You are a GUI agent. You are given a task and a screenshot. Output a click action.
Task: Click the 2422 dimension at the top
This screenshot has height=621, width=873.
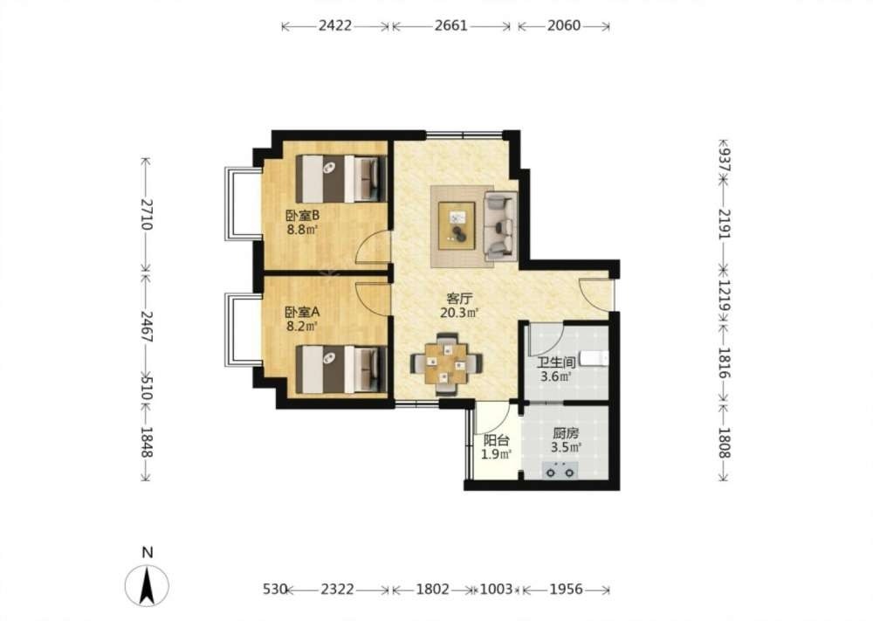tap(335, 25)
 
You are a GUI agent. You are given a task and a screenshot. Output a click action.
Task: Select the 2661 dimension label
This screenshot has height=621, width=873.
tap(451, 25)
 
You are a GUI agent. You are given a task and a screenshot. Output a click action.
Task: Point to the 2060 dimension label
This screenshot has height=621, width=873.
tap(563, 25)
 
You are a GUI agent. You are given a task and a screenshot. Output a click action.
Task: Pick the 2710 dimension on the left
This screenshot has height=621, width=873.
tap(146, 215)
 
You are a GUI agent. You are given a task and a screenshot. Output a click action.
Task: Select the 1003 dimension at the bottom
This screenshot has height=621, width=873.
tap(496, 590)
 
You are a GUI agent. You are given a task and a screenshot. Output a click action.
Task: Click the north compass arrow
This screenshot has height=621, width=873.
tap(147, 585)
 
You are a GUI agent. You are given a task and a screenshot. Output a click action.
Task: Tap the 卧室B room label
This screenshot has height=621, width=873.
tap(302, 215)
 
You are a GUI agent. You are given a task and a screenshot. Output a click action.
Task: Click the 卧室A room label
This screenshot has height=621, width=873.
tap(302, 312)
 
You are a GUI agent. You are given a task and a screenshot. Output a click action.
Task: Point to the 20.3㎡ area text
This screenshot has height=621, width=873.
tap(459, 313)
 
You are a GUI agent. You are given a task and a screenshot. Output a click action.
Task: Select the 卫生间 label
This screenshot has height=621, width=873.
tap(556, 362)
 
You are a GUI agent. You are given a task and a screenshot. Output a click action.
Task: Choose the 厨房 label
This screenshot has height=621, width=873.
tap(566, 432)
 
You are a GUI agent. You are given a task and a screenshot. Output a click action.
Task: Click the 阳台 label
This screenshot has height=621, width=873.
tap(496, 440)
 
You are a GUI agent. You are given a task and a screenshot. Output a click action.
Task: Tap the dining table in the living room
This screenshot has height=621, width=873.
tap(446, 364)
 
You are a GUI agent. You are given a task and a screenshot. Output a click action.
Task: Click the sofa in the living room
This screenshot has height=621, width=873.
tap(500, 225)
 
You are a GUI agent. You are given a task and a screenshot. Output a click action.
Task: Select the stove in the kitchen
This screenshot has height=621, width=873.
tap(560, 471)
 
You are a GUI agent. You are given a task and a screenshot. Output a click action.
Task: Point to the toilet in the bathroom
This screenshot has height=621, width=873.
tap(594, 358)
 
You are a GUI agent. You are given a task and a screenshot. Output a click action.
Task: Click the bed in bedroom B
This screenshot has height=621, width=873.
tap(341, 178)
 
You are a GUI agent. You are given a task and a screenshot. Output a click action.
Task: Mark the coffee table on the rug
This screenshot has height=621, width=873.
tap(457, 225)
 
